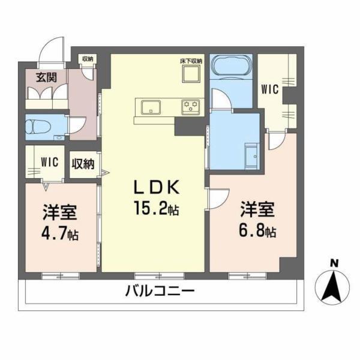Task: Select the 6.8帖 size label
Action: coord(259,230)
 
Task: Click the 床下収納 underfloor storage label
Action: coord(191,61)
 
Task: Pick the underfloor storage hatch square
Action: coord(192,76)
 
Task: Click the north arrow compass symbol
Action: coord(334,287)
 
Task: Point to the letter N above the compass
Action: coord(334,263)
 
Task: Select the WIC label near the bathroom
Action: coord(270,89)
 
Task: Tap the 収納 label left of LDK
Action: coord(83,164)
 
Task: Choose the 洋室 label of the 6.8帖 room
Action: coord(258,210)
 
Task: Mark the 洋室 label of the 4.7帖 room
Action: coord(58,213)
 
